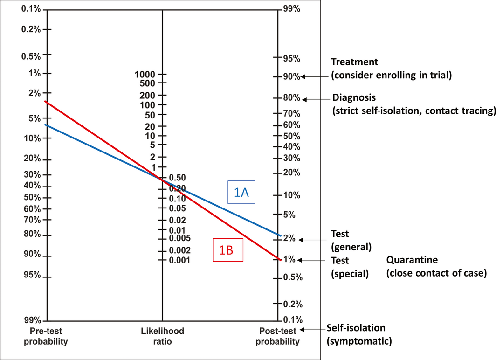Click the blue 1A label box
(x=241, y=192)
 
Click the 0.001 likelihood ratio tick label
(x=181, y=260)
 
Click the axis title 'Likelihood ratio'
(x=162, y=336)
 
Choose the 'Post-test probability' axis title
(x=279, y=336)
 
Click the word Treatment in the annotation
(x=354, y=62)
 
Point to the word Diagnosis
(x=354, y=98)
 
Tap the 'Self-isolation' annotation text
(x=356, y=328)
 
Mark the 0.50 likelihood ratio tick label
(x=178, y=178)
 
